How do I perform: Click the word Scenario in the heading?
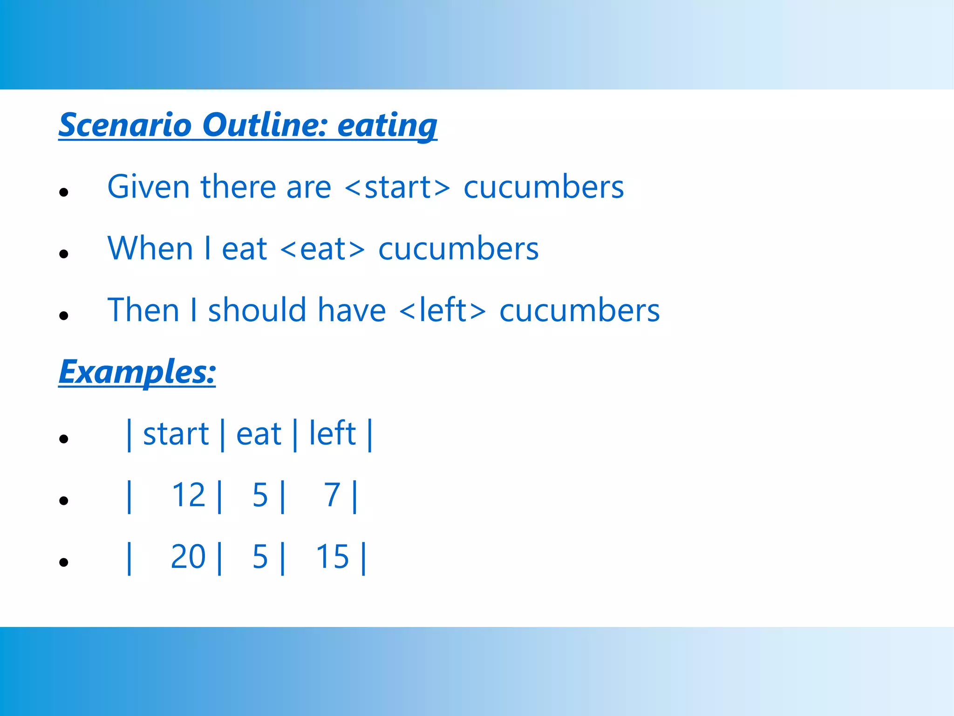tap(125, 125)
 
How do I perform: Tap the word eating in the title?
tap(387, 126)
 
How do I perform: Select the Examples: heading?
tap(137, 372)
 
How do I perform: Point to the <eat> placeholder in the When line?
tap(323, 249)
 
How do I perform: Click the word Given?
tap(148, 187)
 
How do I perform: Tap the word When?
tap(150, 249)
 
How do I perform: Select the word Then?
tap(143, 310)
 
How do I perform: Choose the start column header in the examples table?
tap(176, 434)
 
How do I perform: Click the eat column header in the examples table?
tap(259, 434)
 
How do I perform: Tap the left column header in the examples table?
tap(333, 434)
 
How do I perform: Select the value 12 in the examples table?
tap(189, 495)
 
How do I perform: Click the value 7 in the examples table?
tap(332, 495)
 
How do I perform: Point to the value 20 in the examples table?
tap(188, 557)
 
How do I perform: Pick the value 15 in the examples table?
tap(332, 557)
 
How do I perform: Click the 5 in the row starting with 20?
tap(260, 557)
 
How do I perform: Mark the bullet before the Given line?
tap(64, 192)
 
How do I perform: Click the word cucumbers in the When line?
tap(458, 249)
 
